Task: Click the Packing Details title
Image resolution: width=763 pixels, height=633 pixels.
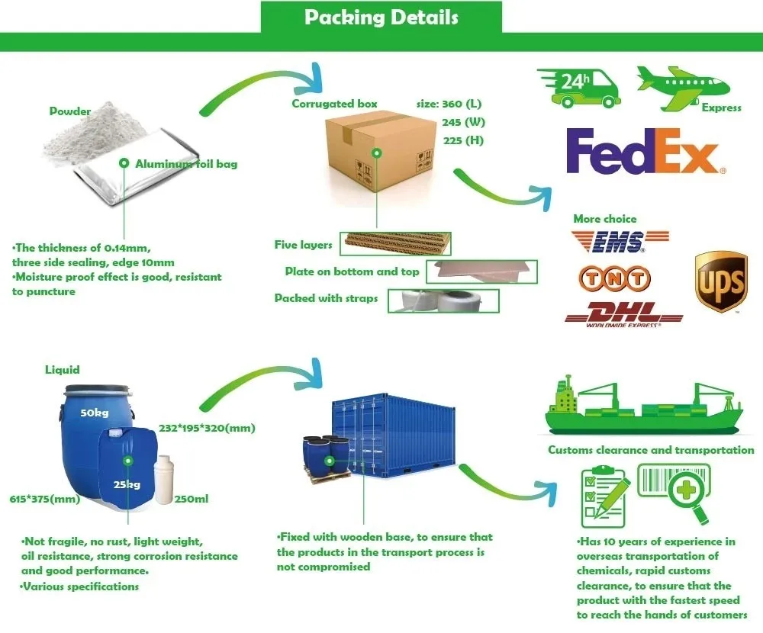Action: click(381, 18)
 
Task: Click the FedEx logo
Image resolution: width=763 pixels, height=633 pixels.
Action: click(645, 151)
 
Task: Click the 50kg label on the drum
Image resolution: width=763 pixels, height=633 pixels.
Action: click(94, 413)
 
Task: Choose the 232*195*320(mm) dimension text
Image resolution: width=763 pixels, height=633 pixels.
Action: click(206, 427)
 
